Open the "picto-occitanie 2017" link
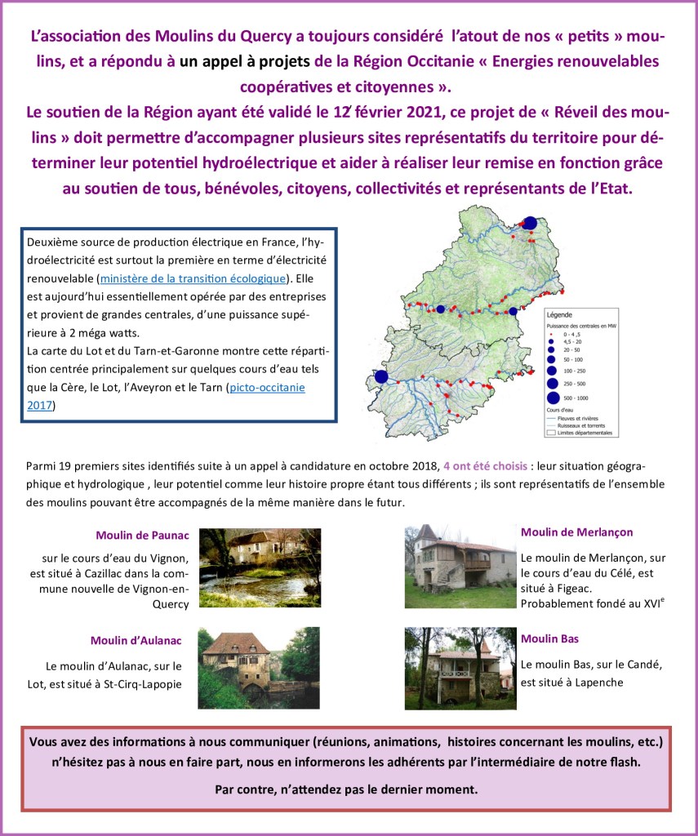point(266,387)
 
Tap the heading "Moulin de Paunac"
point(142,536)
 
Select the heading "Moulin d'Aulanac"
point(136,641)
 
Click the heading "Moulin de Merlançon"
point(576,531)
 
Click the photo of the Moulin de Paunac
point(260,567)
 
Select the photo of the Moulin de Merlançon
point(460,567)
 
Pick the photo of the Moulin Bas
point(460,668)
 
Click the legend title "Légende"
point(559,315)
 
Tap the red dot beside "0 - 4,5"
point(551,335)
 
